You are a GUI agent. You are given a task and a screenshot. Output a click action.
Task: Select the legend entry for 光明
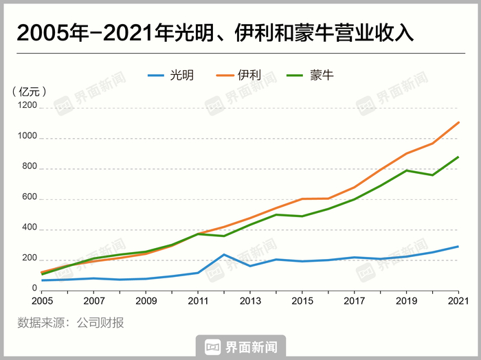click(x=172, y=74)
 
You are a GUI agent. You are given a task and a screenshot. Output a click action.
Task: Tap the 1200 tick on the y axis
click(x=27, y=108)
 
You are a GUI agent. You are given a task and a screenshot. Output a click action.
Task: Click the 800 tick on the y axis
click(x=30, y=168)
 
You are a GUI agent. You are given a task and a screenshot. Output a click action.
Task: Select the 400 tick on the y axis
click(x=30, y=229)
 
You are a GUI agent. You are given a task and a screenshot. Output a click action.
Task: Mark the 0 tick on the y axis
click(x=34, y=289)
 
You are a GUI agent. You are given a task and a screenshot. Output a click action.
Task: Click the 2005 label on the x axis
click(x=43, y=301)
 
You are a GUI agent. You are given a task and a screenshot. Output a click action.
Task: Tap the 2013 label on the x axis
click(x=250, y=301)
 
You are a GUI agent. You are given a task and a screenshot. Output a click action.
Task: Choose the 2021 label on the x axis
click(x=458, y=301)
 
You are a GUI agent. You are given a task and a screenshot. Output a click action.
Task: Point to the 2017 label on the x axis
click(x=354, y=301)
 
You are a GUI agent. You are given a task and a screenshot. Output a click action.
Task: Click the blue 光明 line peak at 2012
click(x=224, y=255)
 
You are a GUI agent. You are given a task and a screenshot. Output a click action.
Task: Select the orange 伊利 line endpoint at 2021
click(x=458, y=122)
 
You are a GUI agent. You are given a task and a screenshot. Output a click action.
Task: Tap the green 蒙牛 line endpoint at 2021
click(x=458, y=157)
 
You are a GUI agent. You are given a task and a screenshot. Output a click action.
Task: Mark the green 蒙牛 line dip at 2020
click(x=432, y=175)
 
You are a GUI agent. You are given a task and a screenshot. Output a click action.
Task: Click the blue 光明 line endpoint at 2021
click(x=458, y=246)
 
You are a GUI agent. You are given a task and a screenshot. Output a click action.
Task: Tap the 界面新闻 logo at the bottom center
click(x=240, y=348)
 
